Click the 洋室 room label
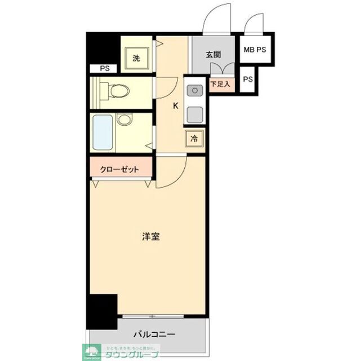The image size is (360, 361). pos(150,237)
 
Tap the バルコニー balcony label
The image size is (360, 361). pos(154,334)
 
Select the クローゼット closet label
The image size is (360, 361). pos(119,169)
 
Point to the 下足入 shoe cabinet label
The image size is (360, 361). pos(220,84)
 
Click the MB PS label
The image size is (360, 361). pos(255,50)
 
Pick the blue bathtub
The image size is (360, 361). pos(102,131)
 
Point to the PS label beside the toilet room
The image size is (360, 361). pos(104,69)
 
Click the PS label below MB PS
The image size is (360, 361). pos(248,79)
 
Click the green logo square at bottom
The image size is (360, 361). pos(90,350)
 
